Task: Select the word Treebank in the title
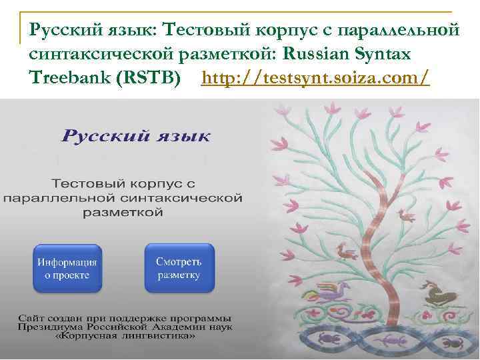point(69,79)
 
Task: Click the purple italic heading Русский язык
point(136,137)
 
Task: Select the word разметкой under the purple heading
point(123,213)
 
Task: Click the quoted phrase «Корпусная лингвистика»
point(126,337)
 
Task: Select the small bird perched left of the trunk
point(347,251)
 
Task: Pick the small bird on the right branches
point(403,215)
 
